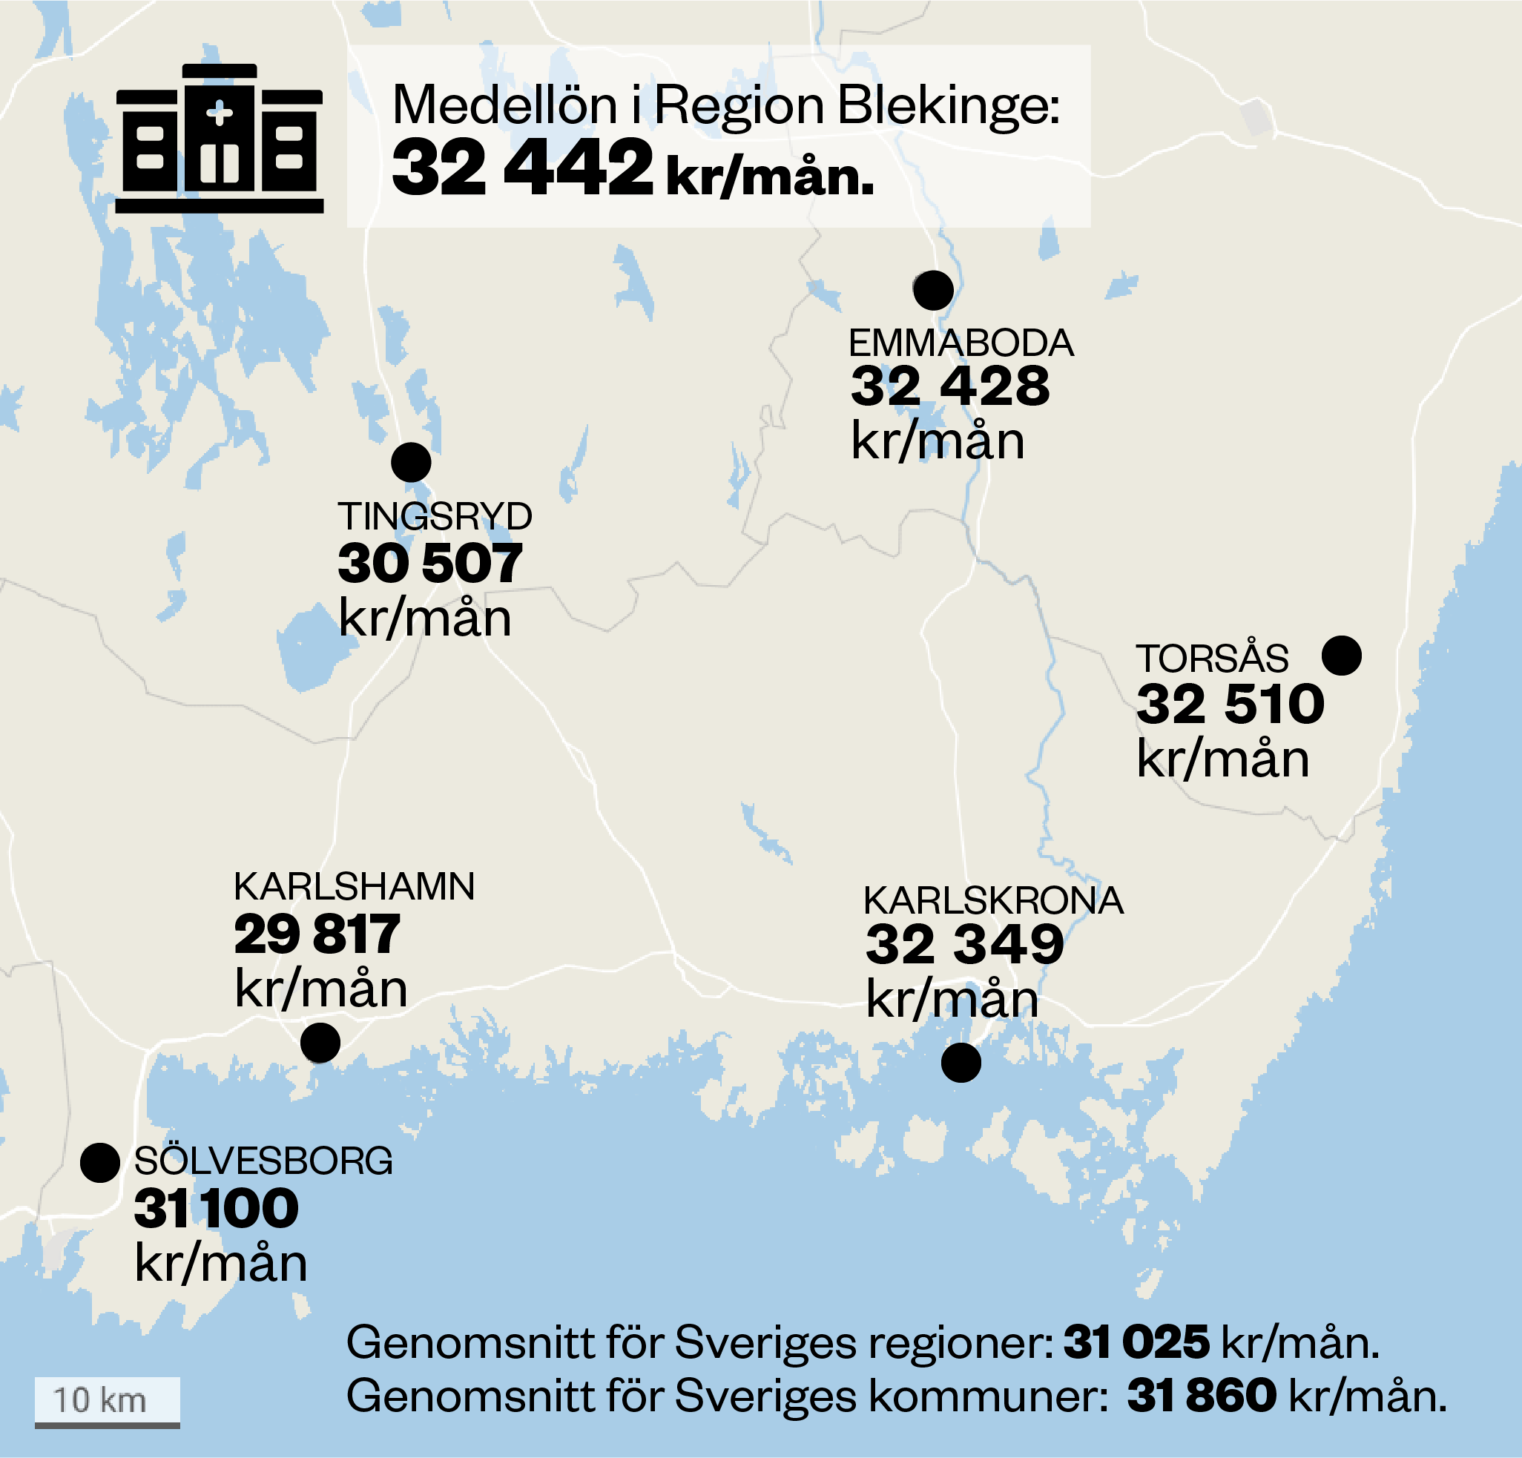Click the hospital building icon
(219, 139)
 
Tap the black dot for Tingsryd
(411, 463)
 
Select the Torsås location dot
(1341, 656)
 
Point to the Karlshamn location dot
(320, 1043)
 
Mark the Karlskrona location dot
(961, 1062)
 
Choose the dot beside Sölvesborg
(99, 1163)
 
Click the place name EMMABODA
(961, 343)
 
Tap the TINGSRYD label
(434, 517)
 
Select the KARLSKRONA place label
(993, 901)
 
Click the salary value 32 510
(1230, 705)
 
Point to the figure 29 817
(317, 934)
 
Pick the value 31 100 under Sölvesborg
(216, 1210)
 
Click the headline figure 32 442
(523, 168)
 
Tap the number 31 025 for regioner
(1136, 1342)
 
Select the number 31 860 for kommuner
(1202, 1395)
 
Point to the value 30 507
(429, 564)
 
